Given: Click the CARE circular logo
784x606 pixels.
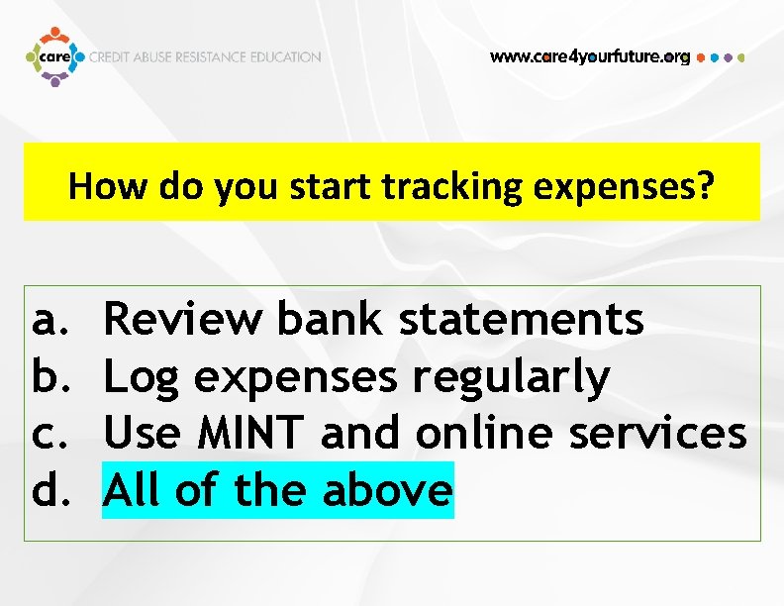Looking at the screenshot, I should coord(54,56).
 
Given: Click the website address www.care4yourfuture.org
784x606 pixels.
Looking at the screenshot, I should coord(590,57).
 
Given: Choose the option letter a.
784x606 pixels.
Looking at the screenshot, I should coord(48,320).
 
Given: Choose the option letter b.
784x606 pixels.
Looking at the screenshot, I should coord(48,376).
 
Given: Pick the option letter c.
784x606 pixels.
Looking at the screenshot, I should coord(48,433).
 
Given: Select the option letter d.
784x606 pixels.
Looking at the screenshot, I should coord(48,489).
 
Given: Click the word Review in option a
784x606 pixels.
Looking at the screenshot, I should coord(183,320).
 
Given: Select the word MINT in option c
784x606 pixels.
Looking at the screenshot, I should coord(252,433).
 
